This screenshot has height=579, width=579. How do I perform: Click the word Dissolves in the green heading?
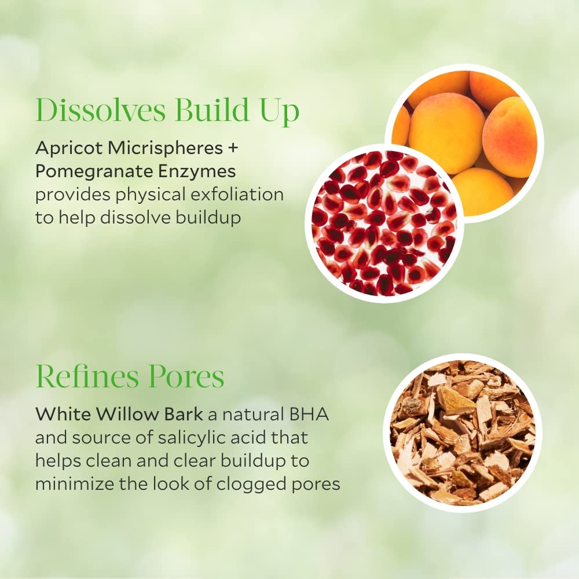100,109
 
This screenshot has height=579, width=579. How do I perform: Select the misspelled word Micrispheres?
166,148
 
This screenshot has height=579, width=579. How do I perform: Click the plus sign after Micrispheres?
233,148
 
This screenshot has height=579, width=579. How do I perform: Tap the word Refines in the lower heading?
87,376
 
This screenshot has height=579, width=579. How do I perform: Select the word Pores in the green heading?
186,377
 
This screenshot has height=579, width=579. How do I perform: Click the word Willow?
128,415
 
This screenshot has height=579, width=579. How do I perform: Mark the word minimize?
75,484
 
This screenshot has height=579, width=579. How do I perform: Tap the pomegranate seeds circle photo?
384,223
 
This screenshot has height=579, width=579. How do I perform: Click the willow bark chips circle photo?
463,433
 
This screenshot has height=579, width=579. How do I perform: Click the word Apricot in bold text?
69,148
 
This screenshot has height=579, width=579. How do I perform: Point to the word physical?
155,195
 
